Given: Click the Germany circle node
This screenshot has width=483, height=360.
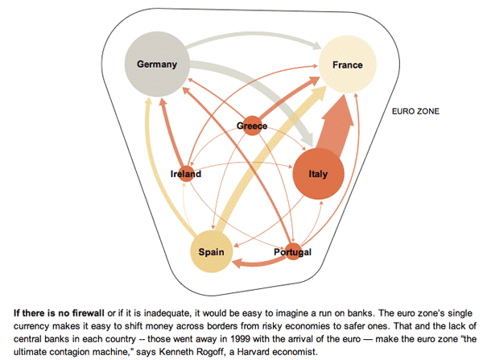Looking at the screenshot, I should point(156,62).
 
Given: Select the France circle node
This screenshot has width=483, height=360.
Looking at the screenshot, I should point(347,64).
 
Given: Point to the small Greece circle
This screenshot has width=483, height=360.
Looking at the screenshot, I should point(252,126).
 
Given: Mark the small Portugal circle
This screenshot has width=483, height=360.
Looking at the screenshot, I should point(292,252).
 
